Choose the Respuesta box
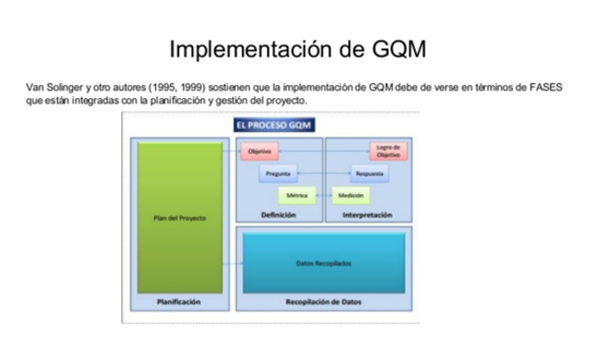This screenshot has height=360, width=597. (x=369, y=173)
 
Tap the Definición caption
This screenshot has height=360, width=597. (x=278, y=215)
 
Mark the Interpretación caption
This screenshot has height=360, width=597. (x=369, y=215)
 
